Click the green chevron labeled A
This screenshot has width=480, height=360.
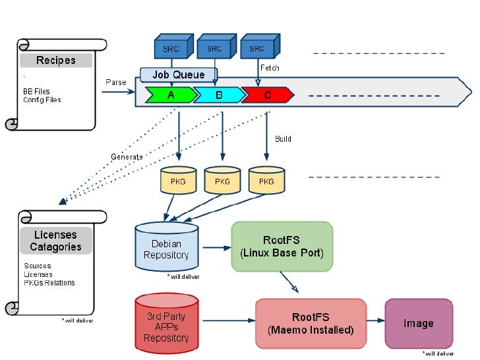171,95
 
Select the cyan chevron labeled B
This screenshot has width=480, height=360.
219,95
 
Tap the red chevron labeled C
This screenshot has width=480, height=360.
267,95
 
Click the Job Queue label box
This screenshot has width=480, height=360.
179,75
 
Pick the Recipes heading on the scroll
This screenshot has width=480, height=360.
56,61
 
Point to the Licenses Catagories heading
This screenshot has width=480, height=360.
56,241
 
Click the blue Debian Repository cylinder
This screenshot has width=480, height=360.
166,249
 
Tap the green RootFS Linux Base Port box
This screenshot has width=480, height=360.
282,247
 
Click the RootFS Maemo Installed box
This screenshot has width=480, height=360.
311,323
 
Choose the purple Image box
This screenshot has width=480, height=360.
419,323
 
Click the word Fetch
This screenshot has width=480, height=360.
270,68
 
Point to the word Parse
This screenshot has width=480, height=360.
115,82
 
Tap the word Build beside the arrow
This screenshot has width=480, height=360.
283,139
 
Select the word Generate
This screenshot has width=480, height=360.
127,157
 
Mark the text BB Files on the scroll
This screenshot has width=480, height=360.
36,92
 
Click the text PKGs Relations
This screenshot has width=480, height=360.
49,283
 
